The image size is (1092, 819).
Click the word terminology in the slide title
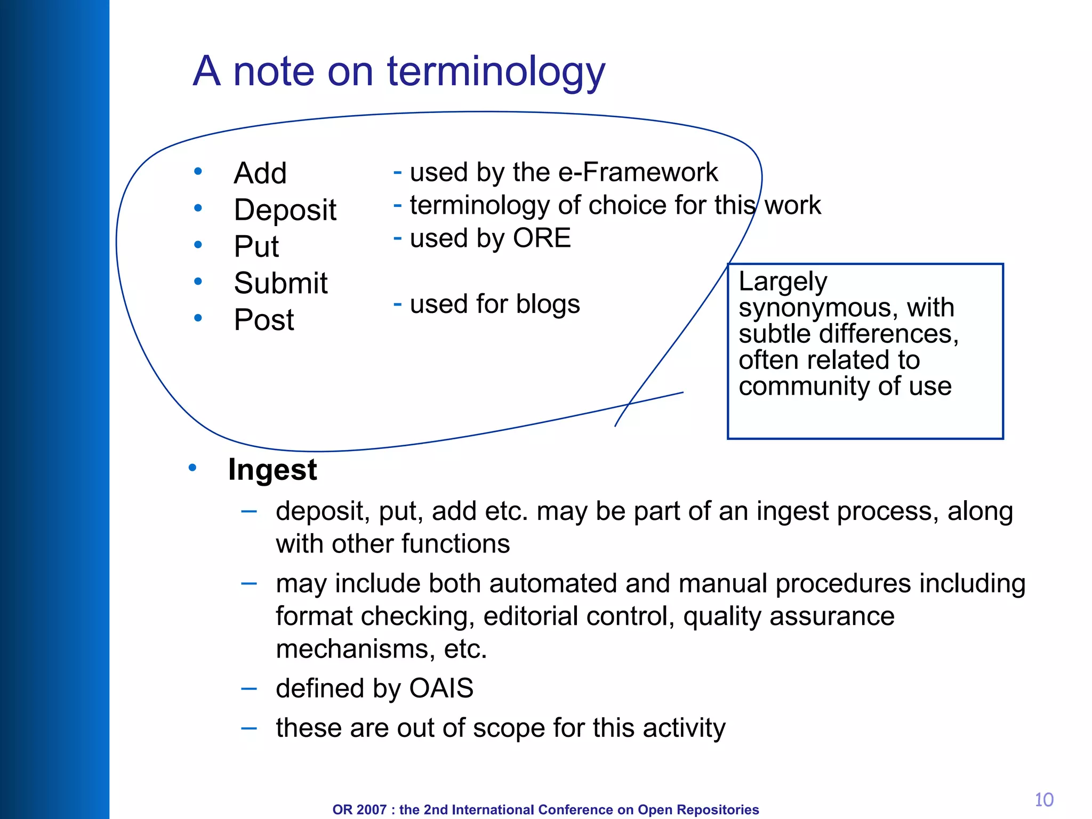[x=496, y=72]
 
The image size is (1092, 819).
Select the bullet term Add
[x=260, y=173]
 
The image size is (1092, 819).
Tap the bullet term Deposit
[x=285, y=210]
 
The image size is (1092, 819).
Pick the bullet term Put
[x=256, y=246]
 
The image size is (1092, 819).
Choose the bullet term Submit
[x=280, y=283]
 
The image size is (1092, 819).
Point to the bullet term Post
[x=264, y=320]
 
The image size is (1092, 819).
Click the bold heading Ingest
[x=272, y=470]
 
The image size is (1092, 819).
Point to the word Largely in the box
[x=783, y=282]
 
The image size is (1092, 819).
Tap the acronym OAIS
[x=441, y=688]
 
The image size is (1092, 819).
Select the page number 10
[x=1043, y=800]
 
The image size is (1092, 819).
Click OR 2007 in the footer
[x=359, y=809]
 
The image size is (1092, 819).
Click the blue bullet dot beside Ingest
[x=192, y=468]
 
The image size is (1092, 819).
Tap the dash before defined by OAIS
[x=249, y=688]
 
